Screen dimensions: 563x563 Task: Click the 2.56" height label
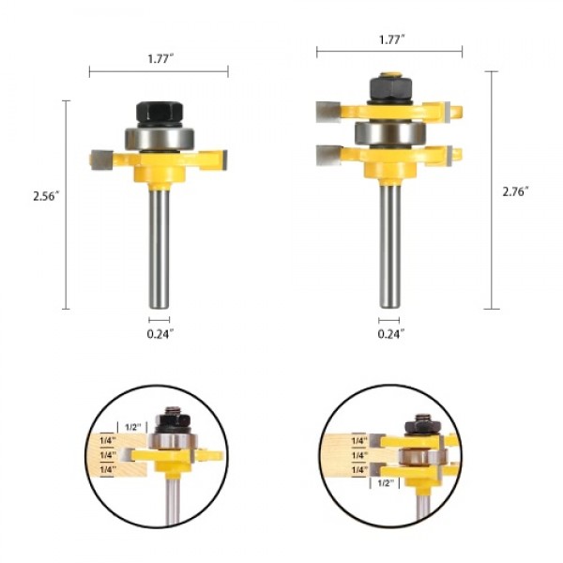click(44, 198)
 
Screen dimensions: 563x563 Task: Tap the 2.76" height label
click(514, 190)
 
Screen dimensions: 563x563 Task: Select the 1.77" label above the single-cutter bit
click(159, 57)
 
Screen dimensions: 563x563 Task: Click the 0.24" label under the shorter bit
click(159, 333)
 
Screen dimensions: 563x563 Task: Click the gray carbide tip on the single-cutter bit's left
click(101, 160)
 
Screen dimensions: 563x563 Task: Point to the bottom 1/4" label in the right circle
click(358, 470)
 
